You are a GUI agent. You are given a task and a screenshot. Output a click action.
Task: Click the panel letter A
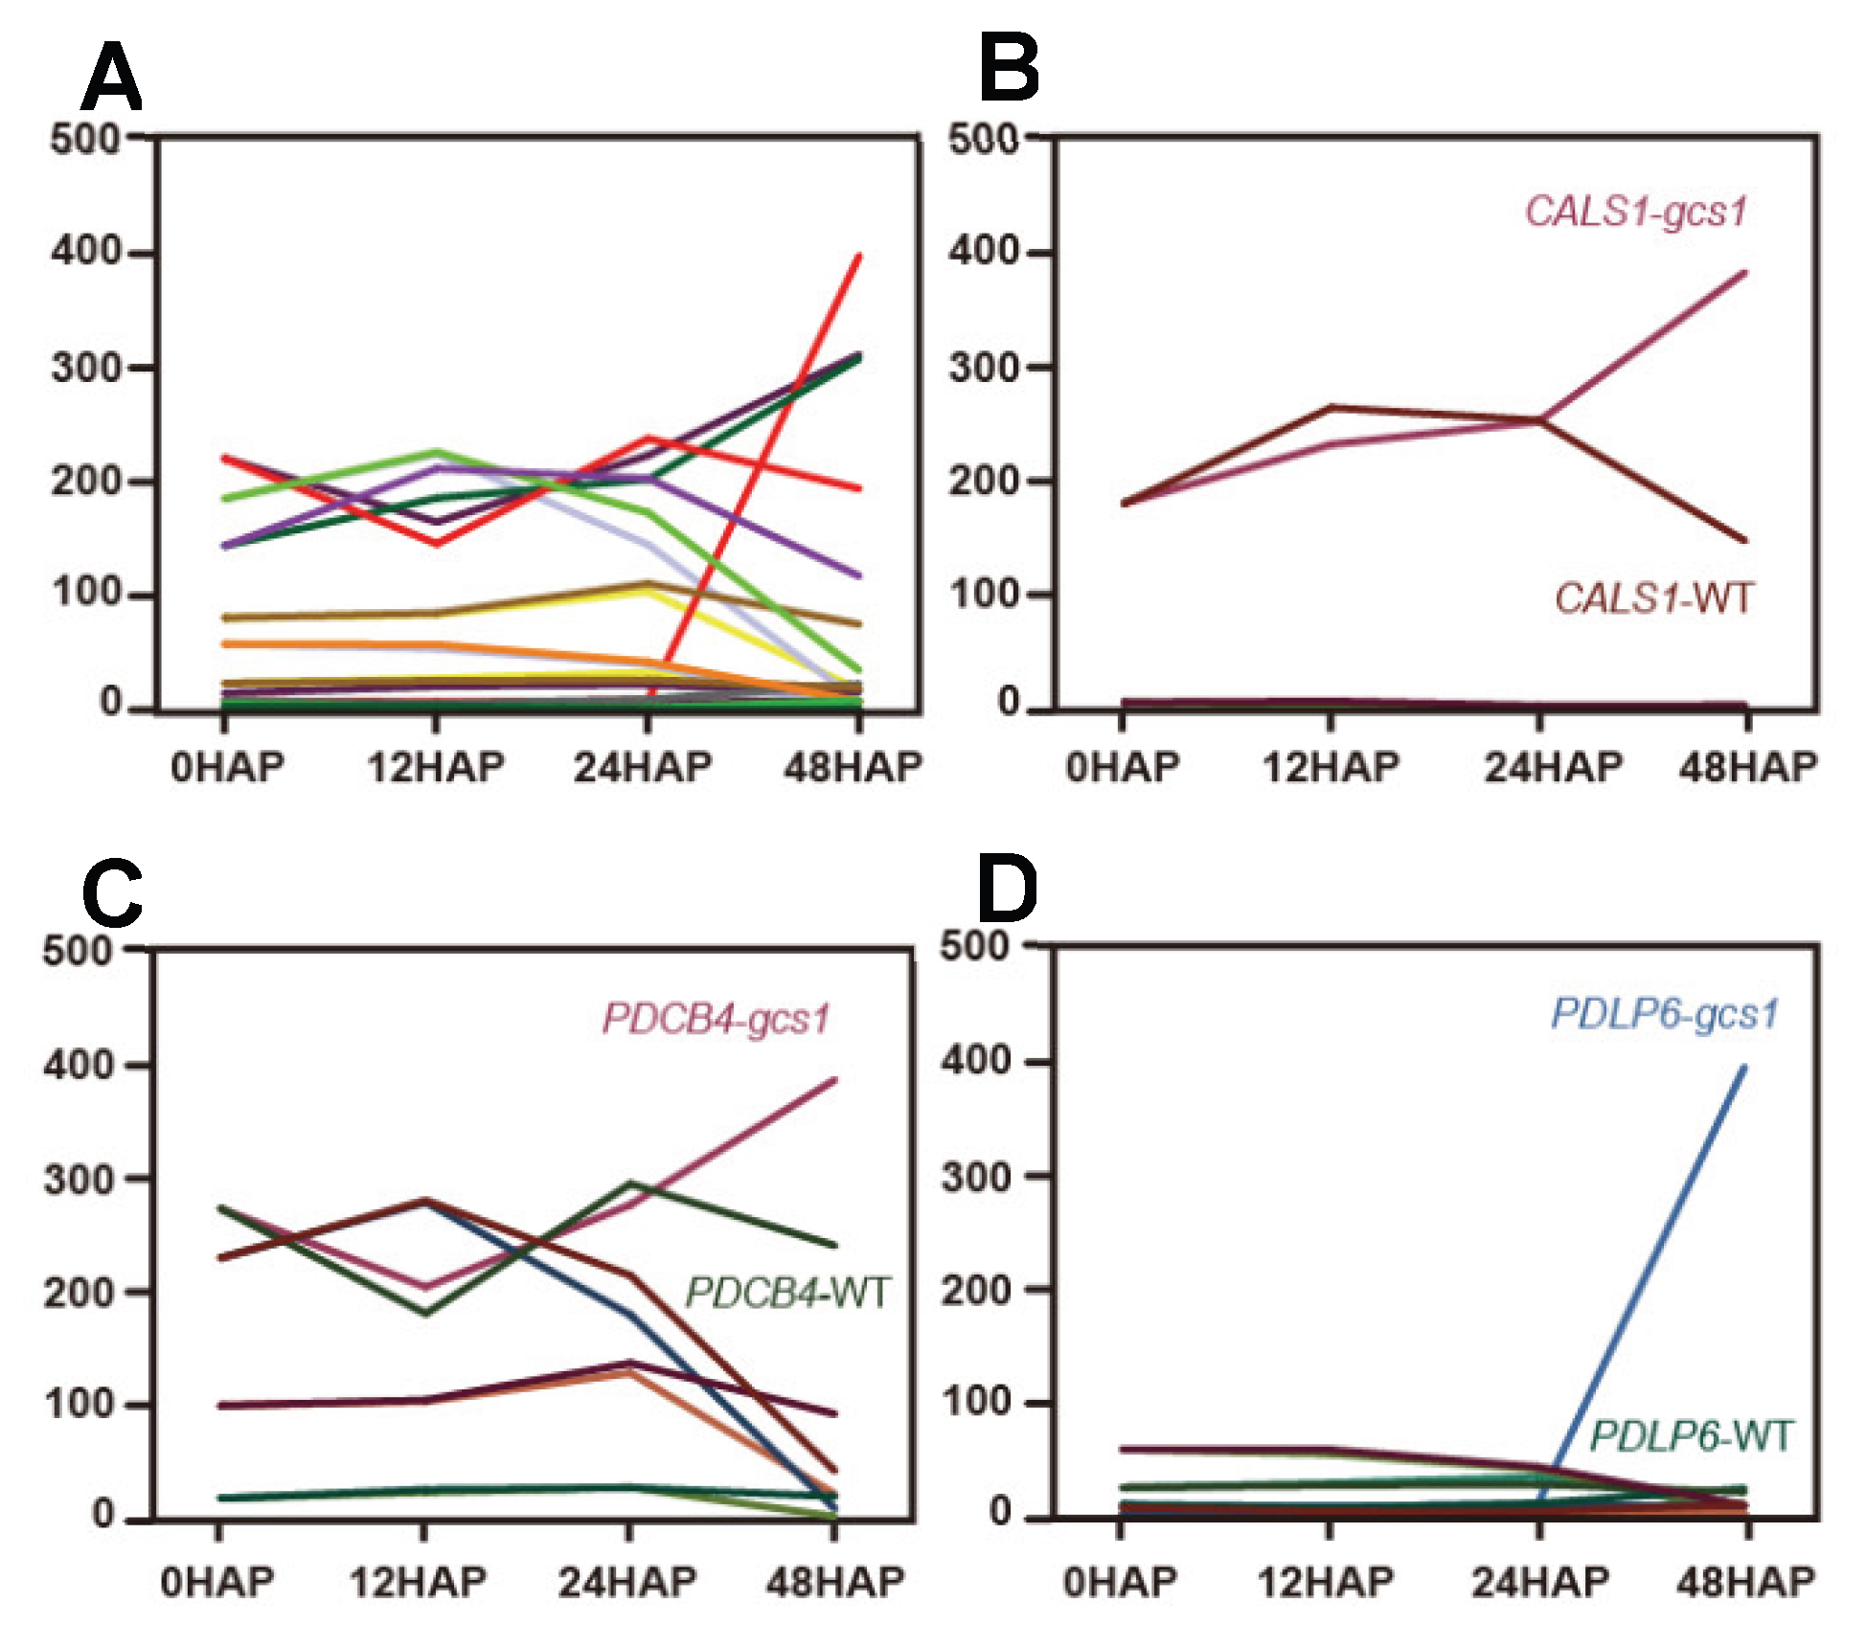coord(112,78)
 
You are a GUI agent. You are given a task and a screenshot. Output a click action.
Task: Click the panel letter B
coord(1009,68)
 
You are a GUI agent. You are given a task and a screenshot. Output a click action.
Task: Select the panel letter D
coord(1007,890)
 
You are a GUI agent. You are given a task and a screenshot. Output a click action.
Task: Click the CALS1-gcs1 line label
coord(1636,212)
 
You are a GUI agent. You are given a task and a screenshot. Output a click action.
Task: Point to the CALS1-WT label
coord(1653,599)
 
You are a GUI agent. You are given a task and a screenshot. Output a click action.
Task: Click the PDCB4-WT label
coord(787,1294)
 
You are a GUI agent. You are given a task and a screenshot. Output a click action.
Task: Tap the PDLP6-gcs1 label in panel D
coord(1665,1013)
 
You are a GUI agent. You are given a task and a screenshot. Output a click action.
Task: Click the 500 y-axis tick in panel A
coord(86,140)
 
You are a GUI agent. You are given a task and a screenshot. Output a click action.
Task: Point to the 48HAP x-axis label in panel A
coord(853,768)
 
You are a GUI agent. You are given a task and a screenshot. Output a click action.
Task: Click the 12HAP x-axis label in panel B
coord(1331,768)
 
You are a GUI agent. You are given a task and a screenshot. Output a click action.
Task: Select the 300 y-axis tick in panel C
coord(79,1180)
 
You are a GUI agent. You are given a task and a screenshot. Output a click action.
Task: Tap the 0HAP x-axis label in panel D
coord(1120,1582)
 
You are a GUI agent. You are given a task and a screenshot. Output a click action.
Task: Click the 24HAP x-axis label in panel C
coord(627,1582)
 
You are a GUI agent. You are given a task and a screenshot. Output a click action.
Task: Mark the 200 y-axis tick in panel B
coord(984,481)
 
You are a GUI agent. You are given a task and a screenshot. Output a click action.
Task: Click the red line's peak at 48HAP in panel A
coord(859,256)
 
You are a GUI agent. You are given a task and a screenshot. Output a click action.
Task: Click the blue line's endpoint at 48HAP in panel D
coord(1744,1068)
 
